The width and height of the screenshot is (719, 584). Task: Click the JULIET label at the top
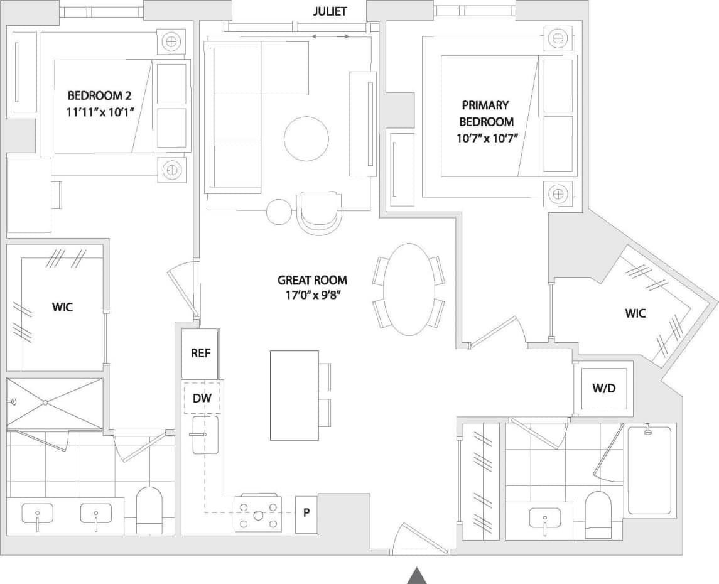click(x=329, y=12)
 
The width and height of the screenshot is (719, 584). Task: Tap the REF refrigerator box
click(x=200, y=353)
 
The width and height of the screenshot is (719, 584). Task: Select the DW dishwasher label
click(x=202, y=397)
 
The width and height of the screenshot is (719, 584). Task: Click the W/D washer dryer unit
click(x=603, y=388)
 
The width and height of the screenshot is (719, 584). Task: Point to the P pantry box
click(x=306, y=513)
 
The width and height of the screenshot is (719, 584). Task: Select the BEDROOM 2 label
click(x=95, y=95)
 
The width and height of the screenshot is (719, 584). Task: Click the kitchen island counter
click(x=295, y=395)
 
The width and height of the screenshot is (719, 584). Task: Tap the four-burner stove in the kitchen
click(x=259, y=514)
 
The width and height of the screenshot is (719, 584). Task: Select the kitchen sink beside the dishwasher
click(x=205, y=435)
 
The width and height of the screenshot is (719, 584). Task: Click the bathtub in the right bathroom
click(x=650, y=471)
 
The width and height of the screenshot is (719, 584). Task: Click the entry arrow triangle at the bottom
click(x=417, y=575)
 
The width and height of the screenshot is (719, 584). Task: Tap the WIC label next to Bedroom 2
click(x=62, y=307)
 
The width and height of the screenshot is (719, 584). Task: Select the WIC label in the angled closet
click(x=635, y=313)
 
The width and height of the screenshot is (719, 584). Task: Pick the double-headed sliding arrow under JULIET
click(x=331, y=37)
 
